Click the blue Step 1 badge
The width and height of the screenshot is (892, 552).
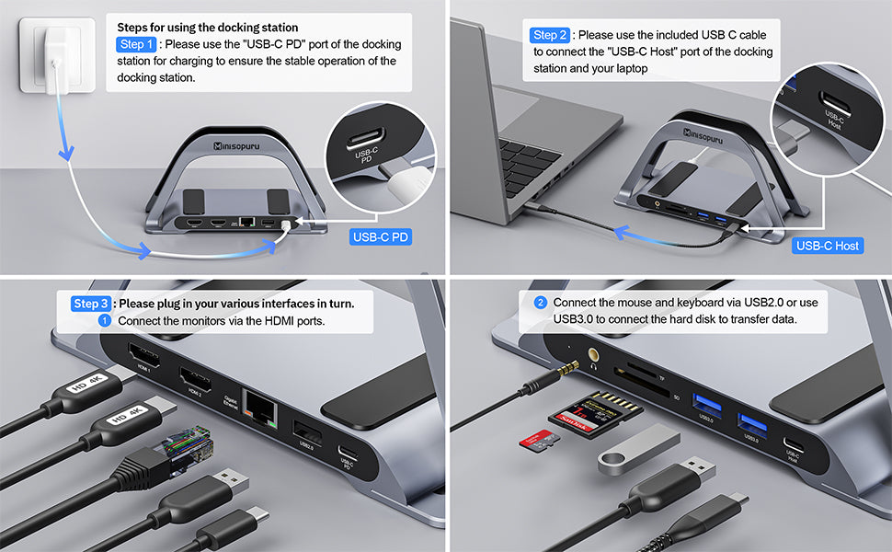point(136,44)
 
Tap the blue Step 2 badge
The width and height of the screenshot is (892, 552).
point(551,35)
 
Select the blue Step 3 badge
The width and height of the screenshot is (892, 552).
point(91,304)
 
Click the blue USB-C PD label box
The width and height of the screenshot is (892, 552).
point(382,237)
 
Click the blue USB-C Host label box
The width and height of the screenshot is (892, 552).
point(828,246)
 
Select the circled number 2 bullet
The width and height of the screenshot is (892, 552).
point(541,303)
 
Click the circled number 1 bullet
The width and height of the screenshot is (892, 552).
point(104,321)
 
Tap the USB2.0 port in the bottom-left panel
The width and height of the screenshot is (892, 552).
point(307,431)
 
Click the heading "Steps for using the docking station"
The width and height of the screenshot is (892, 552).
point(207,28)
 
